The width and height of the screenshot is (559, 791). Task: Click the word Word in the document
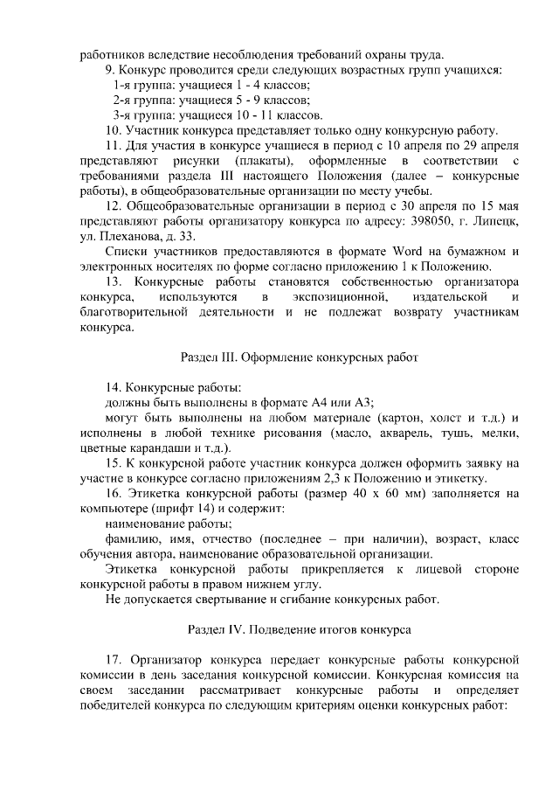click(396, 252)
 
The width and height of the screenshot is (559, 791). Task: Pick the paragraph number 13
click(113, 282)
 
